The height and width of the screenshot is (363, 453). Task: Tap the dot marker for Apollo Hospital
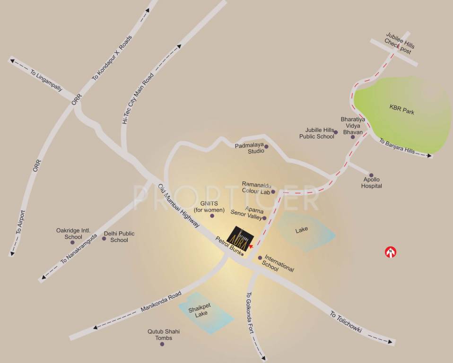tap(371, 175)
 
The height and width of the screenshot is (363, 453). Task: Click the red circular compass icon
tap(391, 252)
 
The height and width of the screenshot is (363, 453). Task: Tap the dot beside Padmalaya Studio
tap(266, 147)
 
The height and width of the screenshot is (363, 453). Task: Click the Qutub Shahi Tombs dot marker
tap(162, 344)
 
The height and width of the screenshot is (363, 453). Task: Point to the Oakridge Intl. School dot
tap(72, 242)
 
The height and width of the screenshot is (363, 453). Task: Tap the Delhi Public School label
tap(119, 236)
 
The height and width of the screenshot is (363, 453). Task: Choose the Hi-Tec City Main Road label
tap(138, 98)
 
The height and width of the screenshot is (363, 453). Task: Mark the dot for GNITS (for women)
tap(212, 216)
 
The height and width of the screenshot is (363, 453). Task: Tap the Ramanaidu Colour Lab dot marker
tap(273, 192)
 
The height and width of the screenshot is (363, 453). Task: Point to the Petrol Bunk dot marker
tap(242, 254)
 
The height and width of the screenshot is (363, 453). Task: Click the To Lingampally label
tap(46, 80)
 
